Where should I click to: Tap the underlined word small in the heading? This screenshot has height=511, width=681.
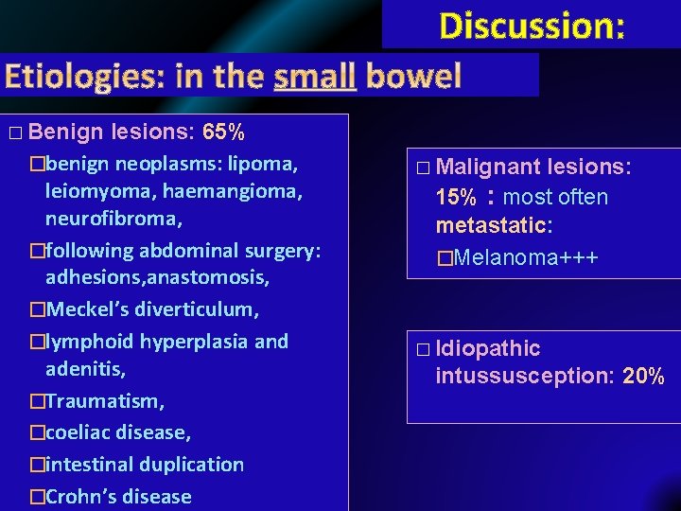pos(314,75)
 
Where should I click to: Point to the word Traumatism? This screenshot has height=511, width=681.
pos(103,401)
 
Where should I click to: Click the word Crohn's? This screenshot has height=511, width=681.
pos(79,497)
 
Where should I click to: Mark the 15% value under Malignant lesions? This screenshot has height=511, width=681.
pos(456,199)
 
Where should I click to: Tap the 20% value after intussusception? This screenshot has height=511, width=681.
pos(644,377)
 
